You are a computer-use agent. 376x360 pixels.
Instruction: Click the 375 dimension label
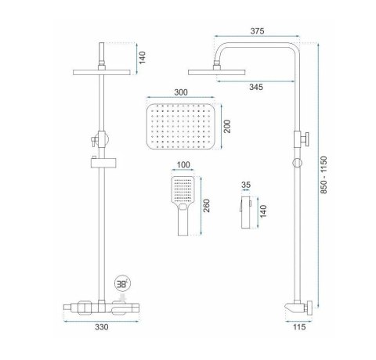tap(257, 31)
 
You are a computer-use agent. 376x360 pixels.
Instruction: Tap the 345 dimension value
tap(256, 87)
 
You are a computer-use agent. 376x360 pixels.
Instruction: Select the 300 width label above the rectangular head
tap(181, 92)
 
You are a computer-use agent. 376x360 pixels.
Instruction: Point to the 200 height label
tap(227, 126)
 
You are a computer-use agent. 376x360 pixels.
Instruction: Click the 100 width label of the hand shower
tap(183, 165)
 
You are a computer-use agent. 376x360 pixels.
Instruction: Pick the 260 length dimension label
tap(206, 206)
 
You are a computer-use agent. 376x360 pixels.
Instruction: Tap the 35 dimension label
tap(246, 185)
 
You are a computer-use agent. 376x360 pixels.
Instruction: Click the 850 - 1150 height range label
tap(324, 175)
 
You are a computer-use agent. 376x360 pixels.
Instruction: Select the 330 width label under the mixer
tap(101, 327)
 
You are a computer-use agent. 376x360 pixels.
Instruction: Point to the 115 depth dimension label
tap(298, 327)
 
